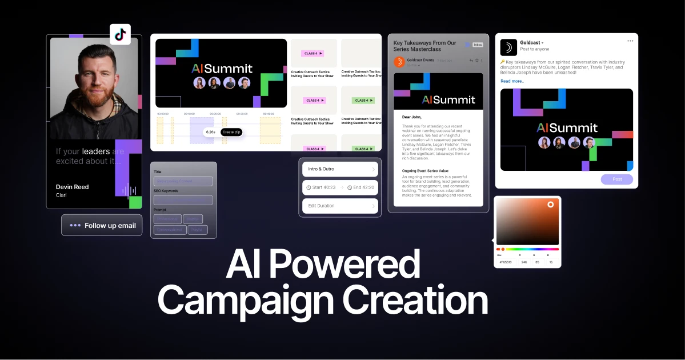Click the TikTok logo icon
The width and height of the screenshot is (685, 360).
click(x=120, y=34)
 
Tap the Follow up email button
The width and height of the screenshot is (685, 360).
click(x=102, y=225)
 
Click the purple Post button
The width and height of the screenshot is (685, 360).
click(x=617, y=179)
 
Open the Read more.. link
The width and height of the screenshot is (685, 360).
click(x=512, y=81)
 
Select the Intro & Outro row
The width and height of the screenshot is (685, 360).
click(x=340, y=169)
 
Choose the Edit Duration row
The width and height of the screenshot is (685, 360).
click(x=340, y=206)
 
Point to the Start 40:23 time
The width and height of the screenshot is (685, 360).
click(x=321, y=187)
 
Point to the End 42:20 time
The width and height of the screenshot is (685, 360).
click(x=361, y=187)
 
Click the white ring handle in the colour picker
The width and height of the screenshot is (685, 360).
click(x=551, y=204)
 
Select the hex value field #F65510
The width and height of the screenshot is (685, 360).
click(x=506, y=262)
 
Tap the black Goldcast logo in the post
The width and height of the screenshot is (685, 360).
click(x=508, y=47)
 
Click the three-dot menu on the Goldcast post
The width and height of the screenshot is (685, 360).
click(x=630, y=41)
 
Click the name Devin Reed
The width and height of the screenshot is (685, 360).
click(x=72, y=187)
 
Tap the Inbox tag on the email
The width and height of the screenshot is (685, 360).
click(x=478, y=45)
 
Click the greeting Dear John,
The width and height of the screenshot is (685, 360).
click(x=412, y=117)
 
